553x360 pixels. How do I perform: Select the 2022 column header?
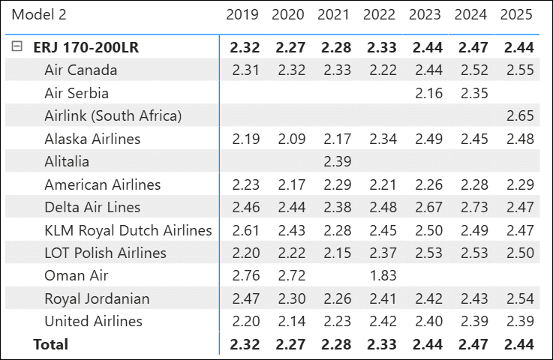(x=379, y=14)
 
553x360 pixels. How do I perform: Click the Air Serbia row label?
(x=77, y=94)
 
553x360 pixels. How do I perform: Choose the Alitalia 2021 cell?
(x=333, y=162)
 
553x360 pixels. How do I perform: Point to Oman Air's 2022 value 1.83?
(x=379, y=276)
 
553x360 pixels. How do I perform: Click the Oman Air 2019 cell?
(x=242, y=276)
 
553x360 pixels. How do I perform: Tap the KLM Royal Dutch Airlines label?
(x=128, y=230)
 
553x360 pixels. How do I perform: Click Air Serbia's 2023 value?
(x=425, y=94)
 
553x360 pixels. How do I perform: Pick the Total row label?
(x=51, y=344)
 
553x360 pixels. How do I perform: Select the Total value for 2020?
(x=287, y=344)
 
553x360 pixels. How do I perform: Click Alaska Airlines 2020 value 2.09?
(x=287, y=139)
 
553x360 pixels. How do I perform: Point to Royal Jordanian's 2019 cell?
(x=242, y=298)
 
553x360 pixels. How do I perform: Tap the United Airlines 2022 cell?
(x=379, y=321)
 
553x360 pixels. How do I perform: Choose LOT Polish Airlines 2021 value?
(x=333, y=253)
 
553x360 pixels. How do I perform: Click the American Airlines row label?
(x=103, y=184)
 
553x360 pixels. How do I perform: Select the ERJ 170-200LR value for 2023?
(x=425, y=47)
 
